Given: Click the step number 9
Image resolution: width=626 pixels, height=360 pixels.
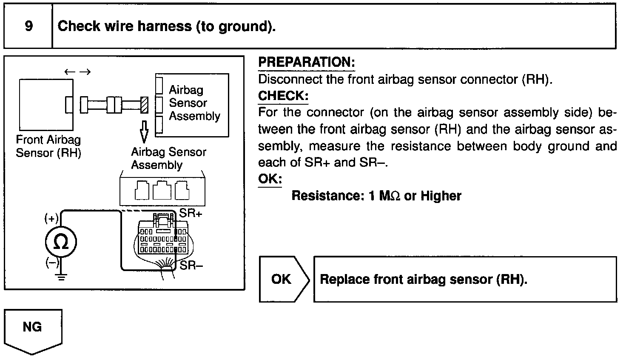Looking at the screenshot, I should [x=28, y=26].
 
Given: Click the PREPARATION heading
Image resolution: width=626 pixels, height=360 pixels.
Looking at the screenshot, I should [x=306, y=62].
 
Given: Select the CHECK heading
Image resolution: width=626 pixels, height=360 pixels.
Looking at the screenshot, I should [x=283, y=96].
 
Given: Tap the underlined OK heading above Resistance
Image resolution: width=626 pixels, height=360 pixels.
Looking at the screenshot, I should [x=270, y=178].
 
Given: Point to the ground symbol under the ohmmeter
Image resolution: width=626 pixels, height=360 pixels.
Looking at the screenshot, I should [x=62, y=278].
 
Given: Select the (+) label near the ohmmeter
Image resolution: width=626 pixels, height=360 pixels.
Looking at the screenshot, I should [x=51, y=219].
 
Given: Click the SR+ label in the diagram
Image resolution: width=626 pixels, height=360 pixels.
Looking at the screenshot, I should [x=191, y=213].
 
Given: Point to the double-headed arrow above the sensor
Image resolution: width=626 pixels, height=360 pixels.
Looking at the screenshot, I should [x=77, y=72].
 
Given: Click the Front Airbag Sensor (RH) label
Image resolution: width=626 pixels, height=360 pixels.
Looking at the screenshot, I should [x=48, y=146].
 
